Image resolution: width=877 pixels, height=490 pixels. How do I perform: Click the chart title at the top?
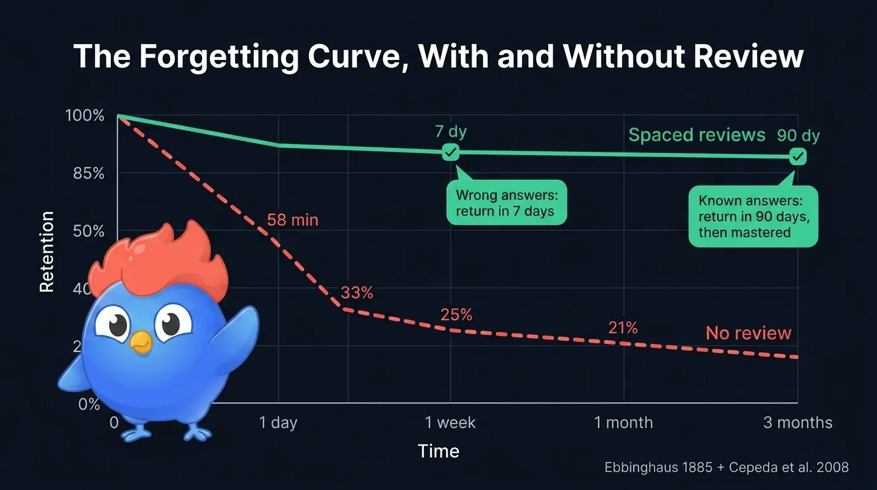438,56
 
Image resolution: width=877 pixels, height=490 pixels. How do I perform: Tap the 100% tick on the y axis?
84,116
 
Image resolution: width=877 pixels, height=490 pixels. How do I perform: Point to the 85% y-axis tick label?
85,174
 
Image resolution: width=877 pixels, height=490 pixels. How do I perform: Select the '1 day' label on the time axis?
279,423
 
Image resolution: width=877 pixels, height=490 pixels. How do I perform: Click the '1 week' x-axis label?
451,423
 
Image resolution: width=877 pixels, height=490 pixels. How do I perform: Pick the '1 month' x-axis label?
623,423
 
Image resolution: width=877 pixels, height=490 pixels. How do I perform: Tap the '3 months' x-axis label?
797,423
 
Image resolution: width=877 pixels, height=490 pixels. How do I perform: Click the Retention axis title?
47,252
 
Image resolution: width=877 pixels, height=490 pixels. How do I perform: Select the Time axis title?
438,452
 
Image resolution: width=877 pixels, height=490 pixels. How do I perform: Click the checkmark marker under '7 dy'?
451,152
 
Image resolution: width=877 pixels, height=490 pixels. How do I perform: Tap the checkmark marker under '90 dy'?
797,156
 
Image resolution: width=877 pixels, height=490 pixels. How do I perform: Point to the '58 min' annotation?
293,221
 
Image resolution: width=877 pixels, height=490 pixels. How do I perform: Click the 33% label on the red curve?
357,293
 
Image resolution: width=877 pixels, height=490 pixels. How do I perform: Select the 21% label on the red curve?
623,328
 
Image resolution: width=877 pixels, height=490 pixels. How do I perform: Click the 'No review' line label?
748,333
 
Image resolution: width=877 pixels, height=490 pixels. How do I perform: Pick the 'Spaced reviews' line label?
697,135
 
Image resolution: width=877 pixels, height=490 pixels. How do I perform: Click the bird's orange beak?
141,342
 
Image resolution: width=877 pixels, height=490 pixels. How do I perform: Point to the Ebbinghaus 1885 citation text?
726,468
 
